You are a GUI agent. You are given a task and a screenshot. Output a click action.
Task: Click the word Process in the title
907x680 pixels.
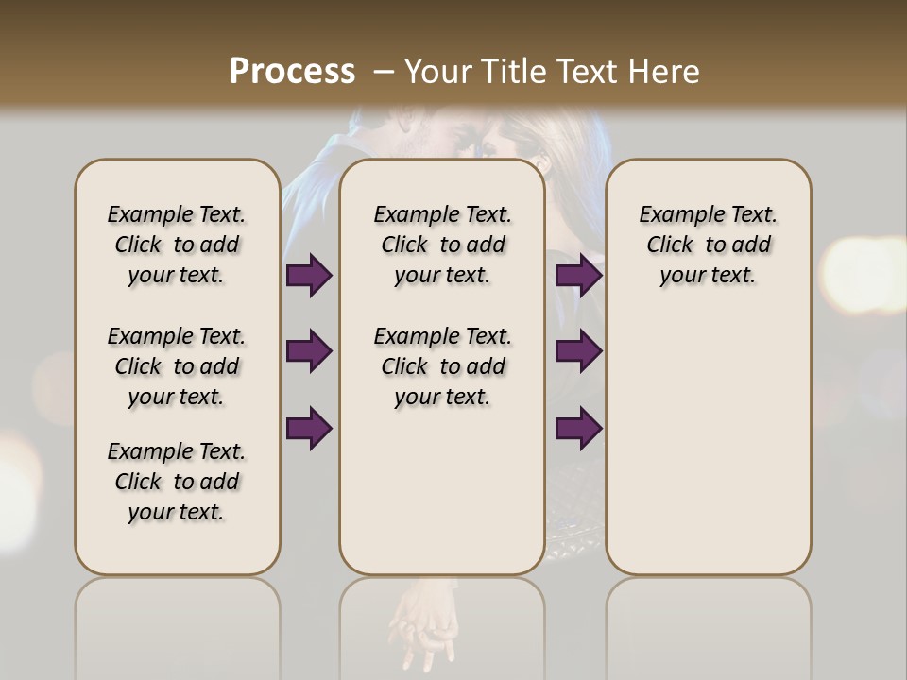292,72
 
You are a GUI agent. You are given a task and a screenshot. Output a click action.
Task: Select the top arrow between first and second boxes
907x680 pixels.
309,275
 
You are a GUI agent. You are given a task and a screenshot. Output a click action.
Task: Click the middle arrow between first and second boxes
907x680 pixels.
309,351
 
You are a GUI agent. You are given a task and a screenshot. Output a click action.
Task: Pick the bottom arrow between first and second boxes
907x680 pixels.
309,428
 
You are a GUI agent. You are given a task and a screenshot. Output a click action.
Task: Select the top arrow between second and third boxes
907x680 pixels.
579,275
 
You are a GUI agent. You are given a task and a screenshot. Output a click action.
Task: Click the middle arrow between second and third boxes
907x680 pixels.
579,351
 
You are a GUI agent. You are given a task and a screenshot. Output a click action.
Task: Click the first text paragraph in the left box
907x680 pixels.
177,245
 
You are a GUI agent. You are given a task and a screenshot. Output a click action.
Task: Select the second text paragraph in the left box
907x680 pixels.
177,366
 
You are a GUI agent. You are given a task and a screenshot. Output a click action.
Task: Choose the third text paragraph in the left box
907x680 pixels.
177,482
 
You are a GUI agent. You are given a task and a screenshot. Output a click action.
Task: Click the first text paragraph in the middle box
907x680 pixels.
442,245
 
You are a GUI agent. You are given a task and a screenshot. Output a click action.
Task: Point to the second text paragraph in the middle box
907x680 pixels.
442,366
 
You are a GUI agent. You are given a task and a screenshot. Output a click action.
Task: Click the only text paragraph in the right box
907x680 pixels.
708,245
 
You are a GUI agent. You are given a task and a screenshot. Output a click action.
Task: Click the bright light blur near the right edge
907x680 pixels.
864,275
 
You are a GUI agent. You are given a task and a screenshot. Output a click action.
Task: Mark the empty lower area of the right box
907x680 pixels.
708,444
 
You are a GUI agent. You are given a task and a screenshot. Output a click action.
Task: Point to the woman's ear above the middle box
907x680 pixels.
539,161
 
